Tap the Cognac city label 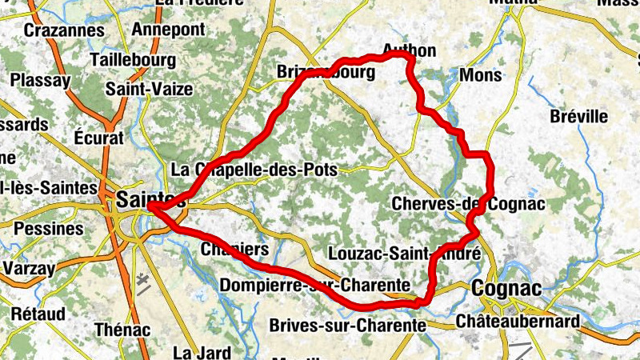tap(506, 288)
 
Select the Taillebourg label tap(133, 60)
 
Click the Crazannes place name tap(65, 31)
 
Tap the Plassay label tap(40, 81)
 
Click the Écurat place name tap(98, 137)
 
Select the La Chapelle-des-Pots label tap(254, 170)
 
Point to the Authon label tap(410, 51)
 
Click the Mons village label tap(482, 76)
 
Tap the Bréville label tap(579, 117)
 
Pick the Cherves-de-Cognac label tap(468, 205)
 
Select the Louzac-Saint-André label tap(405, 254)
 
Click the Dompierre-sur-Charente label tap(314, 285)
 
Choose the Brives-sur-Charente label tap(347, 325)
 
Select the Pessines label tap(48, 229)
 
